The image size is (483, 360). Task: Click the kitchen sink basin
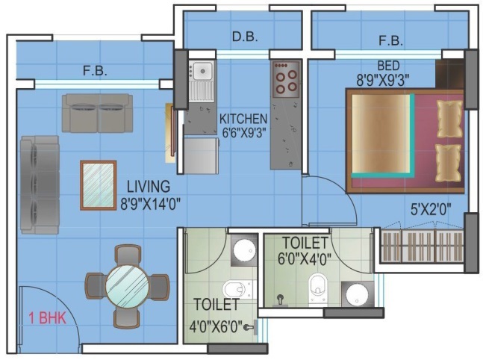click(x=202, y=71)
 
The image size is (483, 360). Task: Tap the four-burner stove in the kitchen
click(x=286, y=79)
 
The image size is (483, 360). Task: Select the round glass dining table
click(x=127, y=286)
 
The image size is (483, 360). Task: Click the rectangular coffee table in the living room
click(x=99, y=185)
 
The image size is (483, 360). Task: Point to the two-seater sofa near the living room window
click(x=97, y=113)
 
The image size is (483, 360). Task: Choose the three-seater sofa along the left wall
click(x=40, y=184)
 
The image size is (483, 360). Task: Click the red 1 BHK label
click(x=48, y=318)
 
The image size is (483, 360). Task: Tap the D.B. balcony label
click(x=245, y=37)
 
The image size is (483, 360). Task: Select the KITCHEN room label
click(x=243, y=119)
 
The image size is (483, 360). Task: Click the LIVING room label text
click(x=149, y=187)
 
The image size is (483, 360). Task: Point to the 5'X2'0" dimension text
click(x=431, y=210)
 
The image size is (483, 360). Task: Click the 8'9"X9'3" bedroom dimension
click(x=383, y=81)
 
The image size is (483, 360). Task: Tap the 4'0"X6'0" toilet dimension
click(x=216, y=327)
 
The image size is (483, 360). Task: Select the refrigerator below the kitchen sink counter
click(x=202, y=155)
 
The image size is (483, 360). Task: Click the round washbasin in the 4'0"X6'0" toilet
click(x=244, y=249)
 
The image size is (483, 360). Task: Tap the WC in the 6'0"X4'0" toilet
click(x=318, y=288)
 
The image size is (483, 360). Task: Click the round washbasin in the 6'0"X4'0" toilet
click(x=357, y=294)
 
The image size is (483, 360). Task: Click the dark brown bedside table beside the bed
click(x=449, y=74)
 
